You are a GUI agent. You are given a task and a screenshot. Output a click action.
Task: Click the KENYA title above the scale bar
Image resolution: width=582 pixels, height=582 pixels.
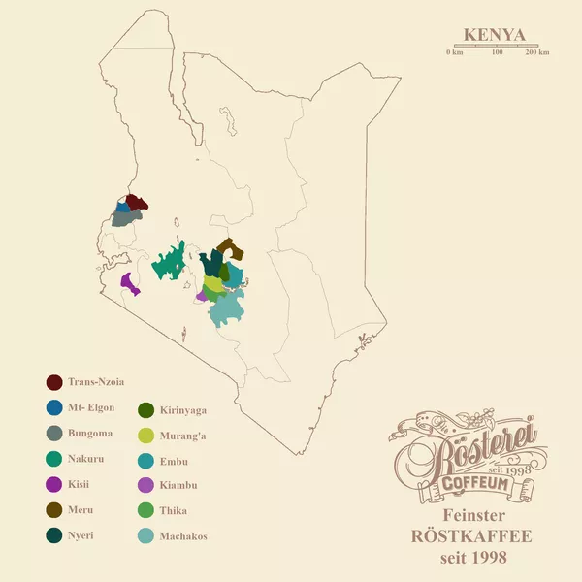494,35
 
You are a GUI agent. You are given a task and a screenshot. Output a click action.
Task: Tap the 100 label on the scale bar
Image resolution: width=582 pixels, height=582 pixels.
497,52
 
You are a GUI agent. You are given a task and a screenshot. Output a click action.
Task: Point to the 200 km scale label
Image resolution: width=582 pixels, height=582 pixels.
536,52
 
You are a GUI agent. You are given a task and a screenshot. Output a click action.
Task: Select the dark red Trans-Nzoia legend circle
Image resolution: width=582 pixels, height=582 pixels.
54,382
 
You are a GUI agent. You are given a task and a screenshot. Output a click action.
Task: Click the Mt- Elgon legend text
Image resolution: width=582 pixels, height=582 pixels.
91,407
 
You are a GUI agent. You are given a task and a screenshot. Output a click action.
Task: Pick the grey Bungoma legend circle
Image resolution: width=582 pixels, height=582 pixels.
54,433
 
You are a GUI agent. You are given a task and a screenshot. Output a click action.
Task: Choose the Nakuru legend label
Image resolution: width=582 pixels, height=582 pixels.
88,459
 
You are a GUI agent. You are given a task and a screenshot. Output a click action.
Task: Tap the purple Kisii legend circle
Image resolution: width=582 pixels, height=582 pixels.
54,484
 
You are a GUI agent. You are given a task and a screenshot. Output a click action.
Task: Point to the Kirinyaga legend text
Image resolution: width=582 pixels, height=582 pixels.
183,410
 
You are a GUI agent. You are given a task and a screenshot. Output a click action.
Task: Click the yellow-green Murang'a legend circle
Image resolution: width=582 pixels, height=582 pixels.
146,436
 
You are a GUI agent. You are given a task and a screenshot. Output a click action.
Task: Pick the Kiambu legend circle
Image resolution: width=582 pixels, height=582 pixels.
146,485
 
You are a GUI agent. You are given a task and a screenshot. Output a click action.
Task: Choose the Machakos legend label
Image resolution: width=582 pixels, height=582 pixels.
184,536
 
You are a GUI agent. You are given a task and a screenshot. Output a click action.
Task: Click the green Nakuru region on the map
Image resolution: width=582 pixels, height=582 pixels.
170,262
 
